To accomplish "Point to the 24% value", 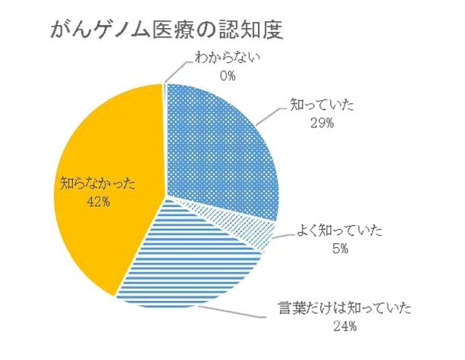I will coord(344,327).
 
